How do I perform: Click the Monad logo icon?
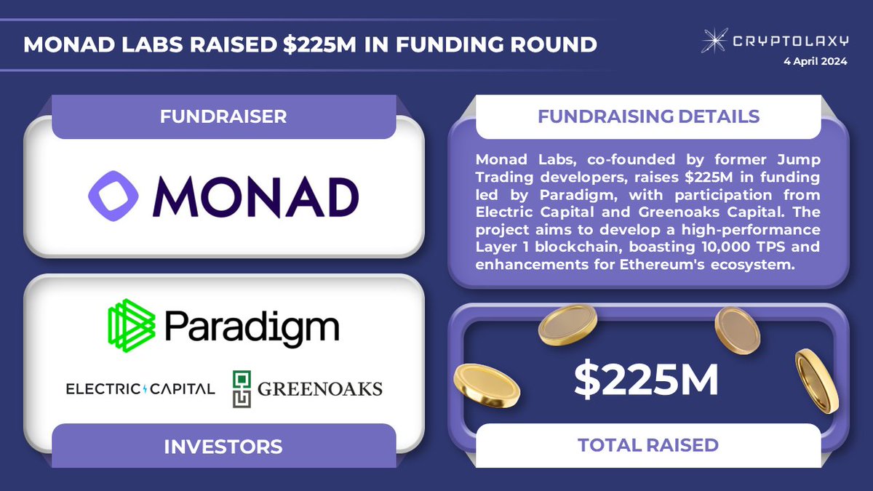tap(113, 196)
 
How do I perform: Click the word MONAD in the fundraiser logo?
tap(257, 197)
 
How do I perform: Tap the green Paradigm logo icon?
tap(132, 323)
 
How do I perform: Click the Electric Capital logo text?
tap(140, 388)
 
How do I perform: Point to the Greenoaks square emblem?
tap(242, 388)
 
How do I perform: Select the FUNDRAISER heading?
tap(223, 116)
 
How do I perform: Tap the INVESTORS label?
tap(223, 445)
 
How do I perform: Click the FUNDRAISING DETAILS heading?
tap(648, 116)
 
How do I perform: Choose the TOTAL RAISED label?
tap(648, 444)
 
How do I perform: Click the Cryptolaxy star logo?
tap(714, 40)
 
